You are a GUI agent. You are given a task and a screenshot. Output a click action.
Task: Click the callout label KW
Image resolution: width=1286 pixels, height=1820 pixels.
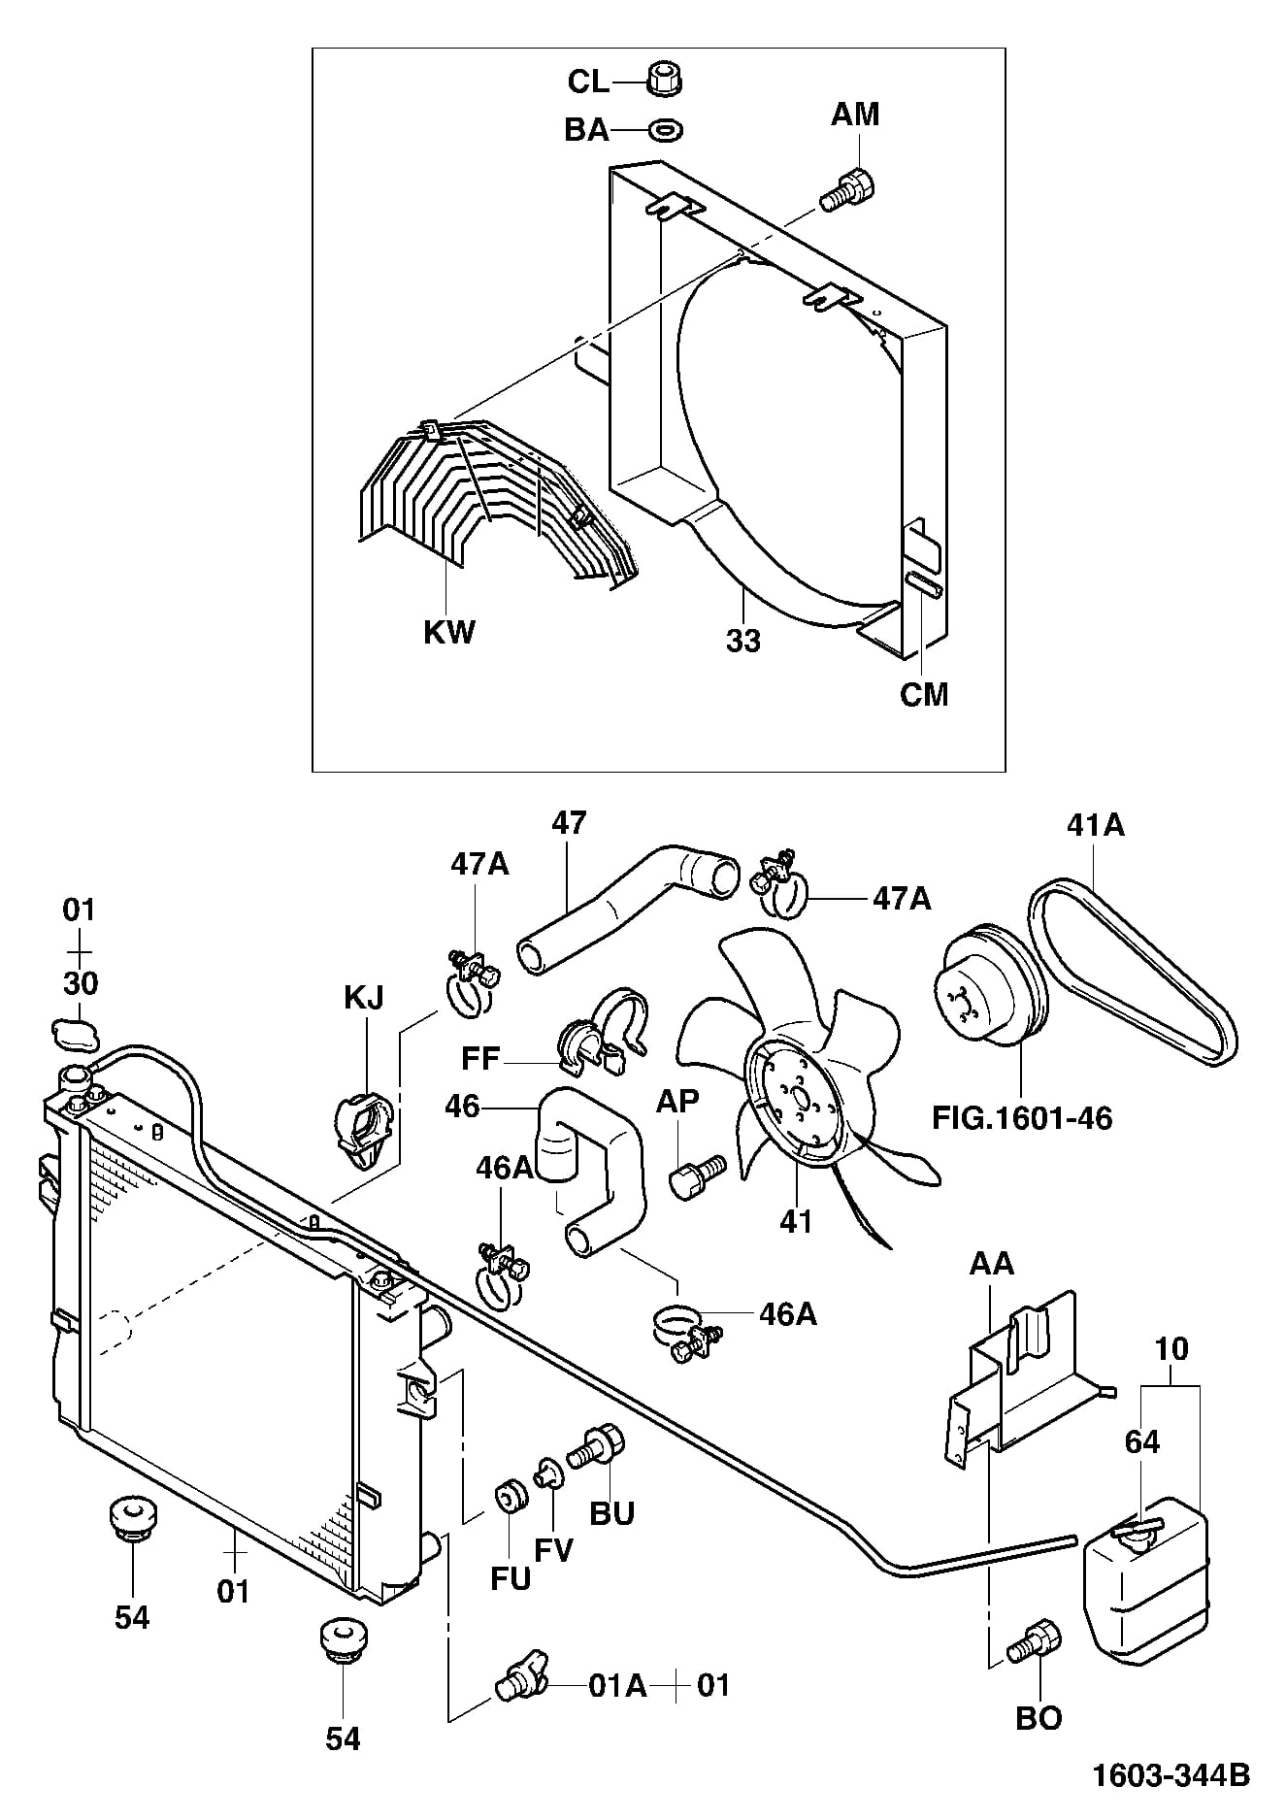click(449, 632)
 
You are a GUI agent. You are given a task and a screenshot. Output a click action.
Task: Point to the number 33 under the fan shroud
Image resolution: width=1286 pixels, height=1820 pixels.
click(743, 642)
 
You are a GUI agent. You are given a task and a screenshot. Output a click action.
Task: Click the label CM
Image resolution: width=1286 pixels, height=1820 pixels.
click(924, 695)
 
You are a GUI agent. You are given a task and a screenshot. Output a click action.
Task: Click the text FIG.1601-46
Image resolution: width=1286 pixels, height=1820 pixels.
click(1022, 1117)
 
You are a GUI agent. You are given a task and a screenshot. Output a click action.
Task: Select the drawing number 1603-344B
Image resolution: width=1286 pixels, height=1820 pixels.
click(1171, 1775)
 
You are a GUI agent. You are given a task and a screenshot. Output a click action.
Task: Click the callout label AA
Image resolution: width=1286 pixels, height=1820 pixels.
click(991, 1263)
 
